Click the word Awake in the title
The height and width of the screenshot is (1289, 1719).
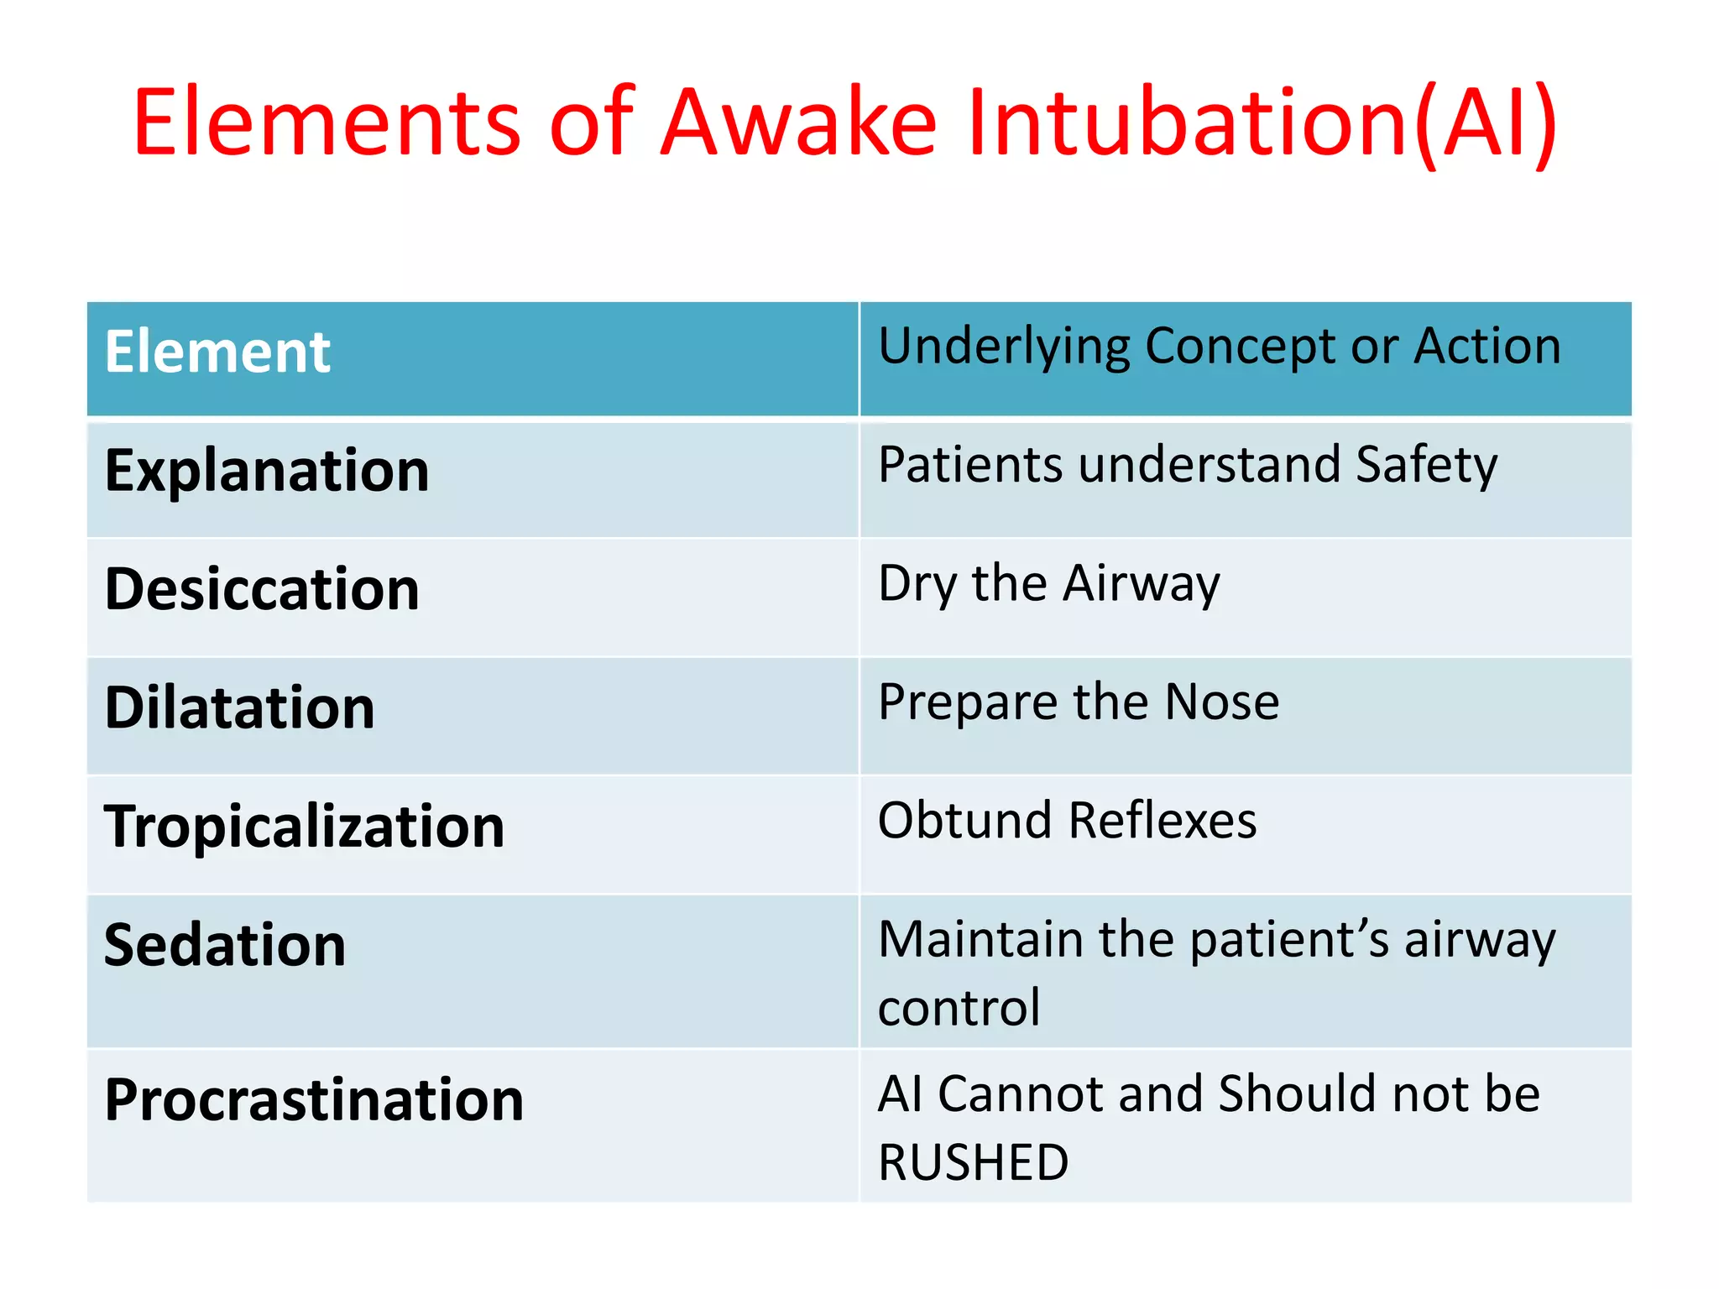[798, 123]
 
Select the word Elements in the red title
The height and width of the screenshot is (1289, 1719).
[327, 123]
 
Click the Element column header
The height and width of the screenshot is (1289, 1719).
[217, 352]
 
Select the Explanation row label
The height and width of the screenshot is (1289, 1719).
[266, 471]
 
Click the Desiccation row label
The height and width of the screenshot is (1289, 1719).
[261, 589]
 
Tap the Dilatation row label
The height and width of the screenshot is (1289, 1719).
[239, 708]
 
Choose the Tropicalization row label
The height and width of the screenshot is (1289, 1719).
[304, 827]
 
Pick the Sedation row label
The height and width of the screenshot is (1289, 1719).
[224, 946]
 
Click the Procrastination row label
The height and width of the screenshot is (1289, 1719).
[314, 1100]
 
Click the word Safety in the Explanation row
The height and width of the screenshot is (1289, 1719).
[1426, 466]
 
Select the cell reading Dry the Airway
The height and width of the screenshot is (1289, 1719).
[1048, 584]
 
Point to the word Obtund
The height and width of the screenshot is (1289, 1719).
[964, 821]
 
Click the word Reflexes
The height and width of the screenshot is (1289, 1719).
[1163, 821]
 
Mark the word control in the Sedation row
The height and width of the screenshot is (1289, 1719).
[959, 1008]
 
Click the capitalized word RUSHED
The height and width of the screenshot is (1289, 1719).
[973, 1163]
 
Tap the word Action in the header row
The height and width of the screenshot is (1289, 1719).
[1486, 347]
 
